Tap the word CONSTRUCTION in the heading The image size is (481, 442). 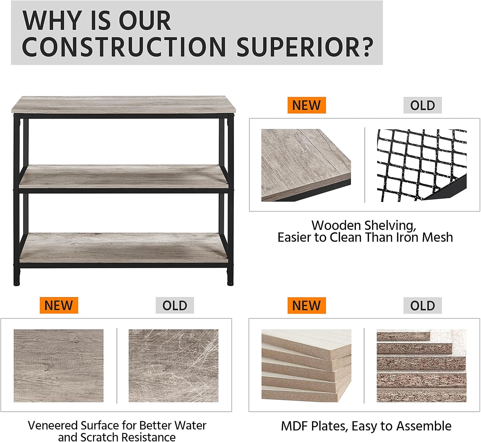click(124, 47)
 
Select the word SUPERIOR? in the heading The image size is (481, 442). click(305, 47)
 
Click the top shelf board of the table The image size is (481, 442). click(123, 105)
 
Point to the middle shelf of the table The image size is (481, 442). click(123, 176)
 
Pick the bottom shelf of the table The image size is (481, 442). click(123, 247)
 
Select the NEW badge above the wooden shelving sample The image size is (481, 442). click(307, 105)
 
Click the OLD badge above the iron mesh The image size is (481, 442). click(423, 105)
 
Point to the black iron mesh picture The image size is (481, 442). click(422, 165)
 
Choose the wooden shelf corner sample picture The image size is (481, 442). click(306, 165)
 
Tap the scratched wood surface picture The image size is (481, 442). click(173, 366)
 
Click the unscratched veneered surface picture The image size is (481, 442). click(58, 366)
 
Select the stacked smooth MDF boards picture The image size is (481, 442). click(307, 366)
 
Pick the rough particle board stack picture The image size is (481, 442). click(422, 366)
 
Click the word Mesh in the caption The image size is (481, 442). click(437, 237)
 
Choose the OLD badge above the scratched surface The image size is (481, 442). click(175, 305)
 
